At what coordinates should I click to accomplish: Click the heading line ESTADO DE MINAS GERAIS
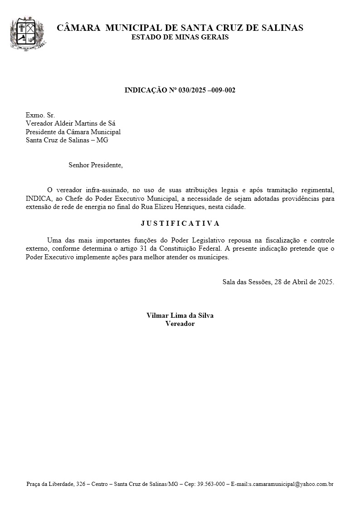point(180,37)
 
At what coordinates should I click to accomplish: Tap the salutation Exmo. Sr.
point(40,115)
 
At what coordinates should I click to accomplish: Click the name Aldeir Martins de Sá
point(88,123)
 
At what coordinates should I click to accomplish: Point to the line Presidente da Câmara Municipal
point(73,131)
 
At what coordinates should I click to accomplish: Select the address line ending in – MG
point(67,140)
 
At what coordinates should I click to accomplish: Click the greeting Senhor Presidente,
point(96,165)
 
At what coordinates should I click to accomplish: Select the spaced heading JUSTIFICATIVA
point(180,223)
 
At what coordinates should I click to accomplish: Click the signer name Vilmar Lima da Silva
point(180,315)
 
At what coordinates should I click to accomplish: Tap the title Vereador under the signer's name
point(180,324)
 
